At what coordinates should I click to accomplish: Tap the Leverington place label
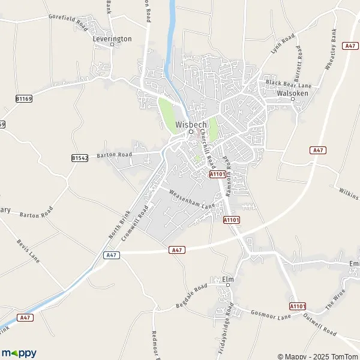pyautogui.click(x=112, y=38)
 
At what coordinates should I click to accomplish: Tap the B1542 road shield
pyautogui.click(x=80, y=158)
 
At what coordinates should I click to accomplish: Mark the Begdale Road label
pyautogui.click(x=191, y=296)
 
